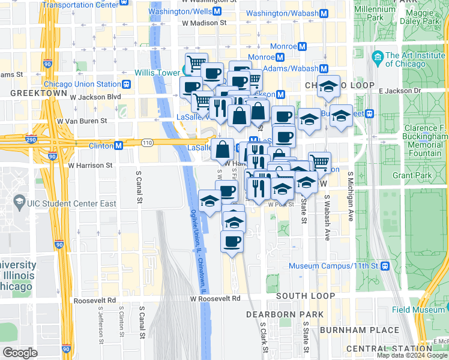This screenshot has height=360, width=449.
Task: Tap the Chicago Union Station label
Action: tap(82, 84)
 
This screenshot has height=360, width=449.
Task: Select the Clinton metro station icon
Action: tap(119, 145)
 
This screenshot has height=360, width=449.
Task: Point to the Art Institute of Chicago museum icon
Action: tap(378, 58)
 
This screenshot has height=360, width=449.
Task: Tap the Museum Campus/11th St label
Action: tap(333, 266)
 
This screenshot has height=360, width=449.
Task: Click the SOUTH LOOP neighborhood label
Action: tap(306, 296)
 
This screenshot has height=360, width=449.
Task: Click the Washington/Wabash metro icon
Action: tap(324, 13)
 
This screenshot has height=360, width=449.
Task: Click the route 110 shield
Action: tap(146, 143)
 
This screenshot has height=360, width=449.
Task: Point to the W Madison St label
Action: tap(204, 23)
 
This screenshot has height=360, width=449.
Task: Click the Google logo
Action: tap(20, 353)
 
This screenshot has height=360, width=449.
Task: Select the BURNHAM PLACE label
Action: tap(359, 331)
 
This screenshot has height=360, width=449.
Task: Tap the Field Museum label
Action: tap(418, 310)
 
